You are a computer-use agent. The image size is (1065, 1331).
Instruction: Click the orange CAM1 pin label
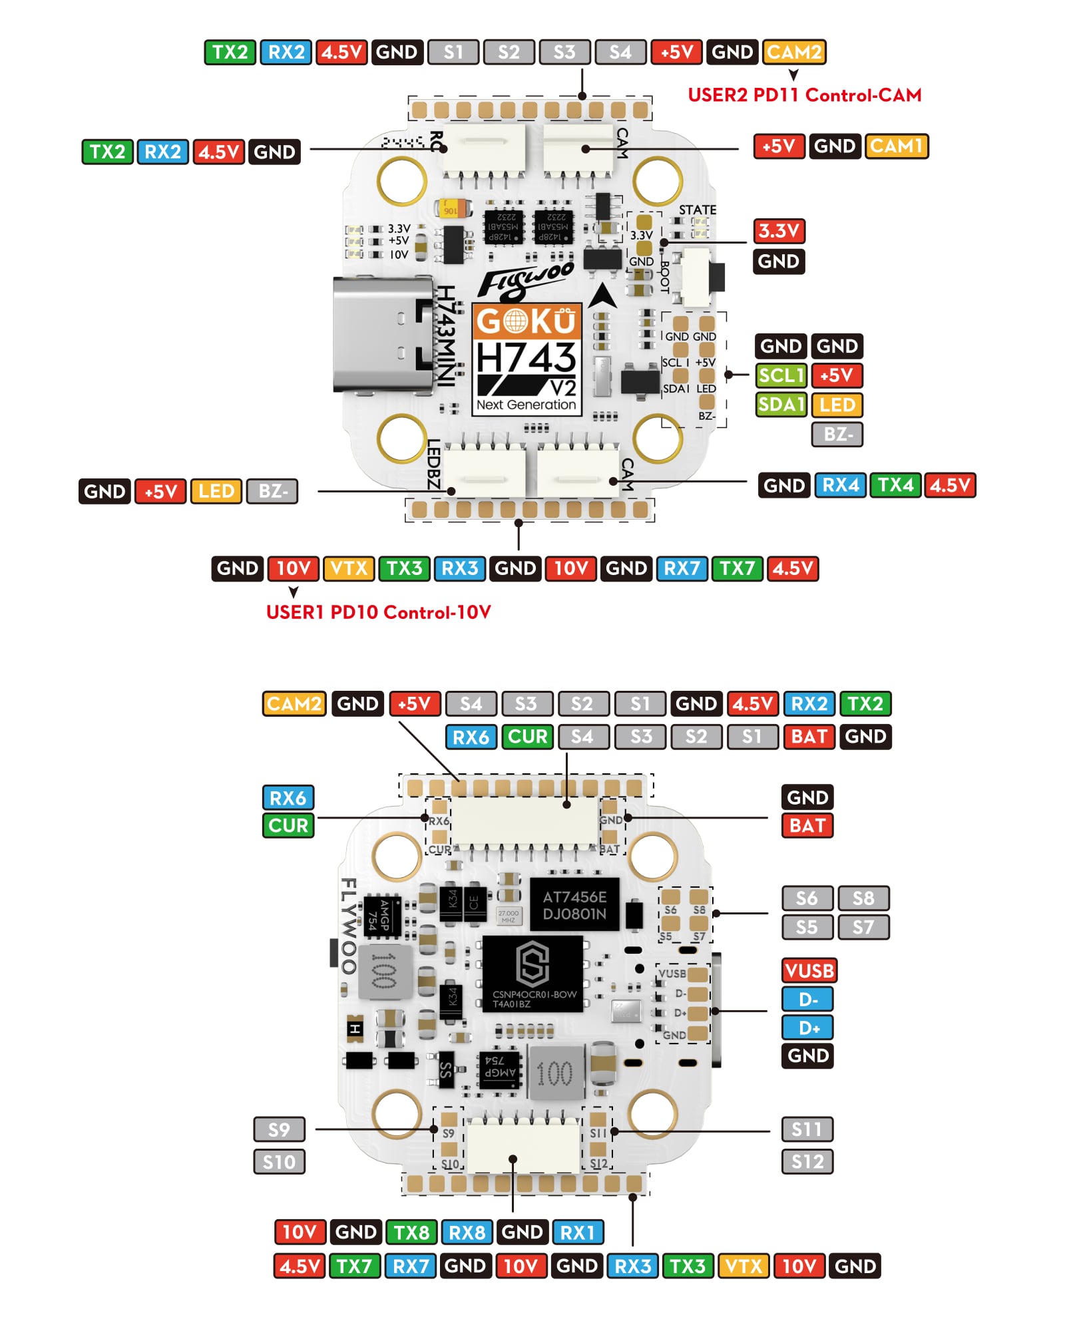(896, 146)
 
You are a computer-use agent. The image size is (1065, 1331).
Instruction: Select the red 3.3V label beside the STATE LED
(778, 231)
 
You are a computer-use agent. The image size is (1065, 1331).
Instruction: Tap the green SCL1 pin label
(781, 375)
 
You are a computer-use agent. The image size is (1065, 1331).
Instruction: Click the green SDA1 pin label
(781, 404)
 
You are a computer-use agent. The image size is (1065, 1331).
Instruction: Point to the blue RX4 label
(840, 485)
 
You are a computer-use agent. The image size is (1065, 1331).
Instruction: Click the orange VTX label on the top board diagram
(349, 568)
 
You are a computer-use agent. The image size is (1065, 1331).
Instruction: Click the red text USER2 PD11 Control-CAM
(804, 95)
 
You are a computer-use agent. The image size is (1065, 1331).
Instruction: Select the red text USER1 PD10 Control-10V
(378, 612)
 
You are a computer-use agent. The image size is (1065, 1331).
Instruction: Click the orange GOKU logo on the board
(527, 321)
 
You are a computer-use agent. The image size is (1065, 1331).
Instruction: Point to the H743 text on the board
(526, 358)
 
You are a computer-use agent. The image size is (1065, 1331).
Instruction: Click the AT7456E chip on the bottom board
(574, 905)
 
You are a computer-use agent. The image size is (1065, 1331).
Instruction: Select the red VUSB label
(809, 970)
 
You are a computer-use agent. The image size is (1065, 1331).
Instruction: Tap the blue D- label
(807, 999)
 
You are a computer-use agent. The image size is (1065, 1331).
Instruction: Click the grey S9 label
(279, 1129)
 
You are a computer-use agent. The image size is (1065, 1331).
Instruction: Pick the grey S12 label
(807, 1161)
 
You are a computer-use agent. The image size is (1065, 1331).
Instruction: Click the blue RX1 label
(577, 1233)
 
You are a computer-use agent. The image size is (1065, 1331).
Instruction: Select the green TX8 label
(411, 1233)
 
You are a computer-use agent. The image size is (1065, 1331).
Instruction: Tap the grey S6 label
(807, 898)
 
